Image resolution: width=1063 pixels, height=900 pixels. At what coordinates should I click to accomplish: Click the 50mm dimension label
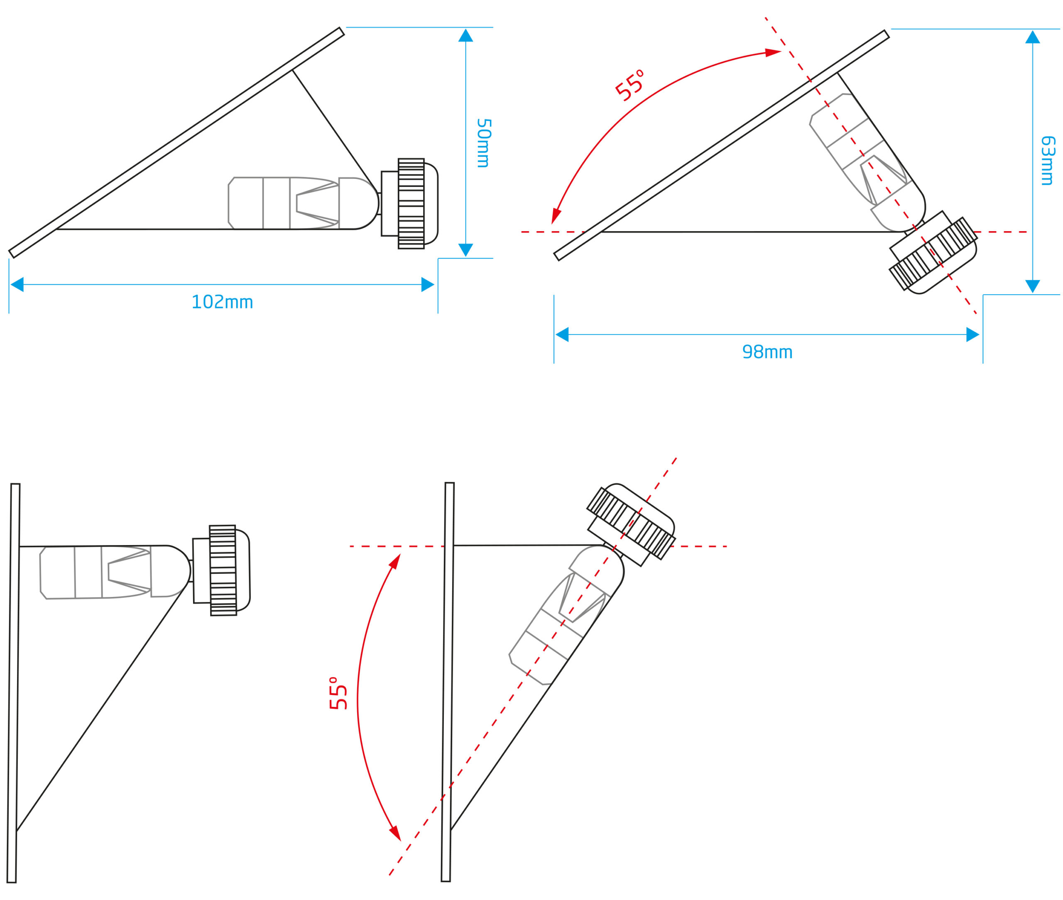(483, 143)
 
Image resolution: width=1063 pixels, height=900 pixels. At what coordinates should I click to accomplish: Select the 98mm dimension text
(767, 352)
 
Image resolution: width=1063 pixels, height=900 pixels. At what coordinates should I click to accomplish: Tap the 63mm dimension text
(1047, 160)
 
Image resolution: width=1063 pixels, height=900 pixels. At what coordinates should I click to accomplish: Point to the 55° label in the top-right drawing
(629, 85)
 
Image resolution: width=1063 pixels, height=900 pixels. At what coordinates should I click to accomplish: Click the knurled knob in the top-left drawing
(411, 203)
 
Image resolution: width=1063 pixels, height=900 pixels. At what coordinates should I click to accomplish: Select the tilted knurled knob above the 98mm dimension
(933, 254)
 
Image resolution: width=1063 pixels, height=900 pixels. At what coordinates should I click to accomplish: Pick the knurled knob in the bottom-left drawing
(223, 570)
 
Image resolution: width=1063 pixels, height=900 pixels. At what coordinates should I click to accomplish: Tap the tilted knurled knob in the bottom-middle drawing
(631, 523)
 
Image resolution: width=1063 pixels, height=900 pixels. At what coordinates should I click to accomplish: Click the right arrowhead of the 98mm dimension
(972, 334)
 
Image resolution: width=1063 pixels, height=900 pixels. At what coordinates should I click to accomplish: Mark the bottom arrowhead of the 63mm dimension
(1032, 286)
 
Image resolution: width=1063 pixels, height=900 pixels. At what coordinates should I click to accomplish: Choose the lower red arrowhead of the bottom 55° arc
(395, 833)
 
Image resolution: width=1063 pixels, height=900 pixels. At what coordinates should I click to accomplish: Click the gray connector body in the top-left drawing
(283, 203)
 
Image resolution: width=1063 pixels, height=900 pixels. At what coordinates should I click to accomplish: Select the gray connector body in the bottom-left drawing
(96, 572)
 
